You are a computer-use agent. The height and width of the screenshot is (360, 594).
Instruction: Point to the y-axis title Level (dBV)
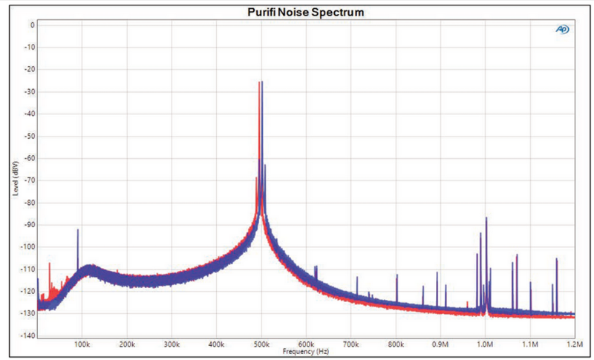(16, 180)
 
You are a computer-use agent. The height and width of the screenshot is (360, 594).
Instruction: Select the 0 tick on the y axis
(32, 24)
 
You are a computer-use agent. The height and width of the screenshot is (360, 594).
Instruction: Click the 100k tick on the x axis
(82, 345)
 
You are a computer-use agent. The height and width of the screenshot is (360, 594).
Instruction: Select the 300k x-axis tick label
(172, 345)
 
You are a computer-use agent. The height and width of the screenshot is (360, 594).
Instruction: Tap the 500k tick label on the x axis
(261, 345)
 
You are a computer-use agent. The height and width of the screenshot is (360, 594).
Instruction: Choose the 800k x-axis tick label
(396, 345)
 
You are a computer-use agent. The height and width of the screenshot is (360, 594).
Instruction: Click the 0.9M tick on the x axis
(440, 345)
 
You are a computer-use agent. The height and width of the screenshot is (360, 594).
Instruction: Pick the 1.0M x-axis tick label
(486, 345)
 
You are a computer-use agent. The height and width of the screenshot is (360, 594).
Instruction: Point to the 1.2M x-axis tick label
(574, 345)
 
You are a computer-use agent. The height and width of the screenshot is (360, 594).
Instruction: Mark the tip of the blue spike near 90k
(78, 229)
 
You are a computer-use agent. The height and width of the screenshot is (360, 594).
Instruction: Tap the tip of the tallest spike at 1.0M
(486, 217)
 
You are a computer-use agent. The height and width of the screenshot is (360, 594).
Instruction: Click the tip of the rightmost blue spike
(557, 258)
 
